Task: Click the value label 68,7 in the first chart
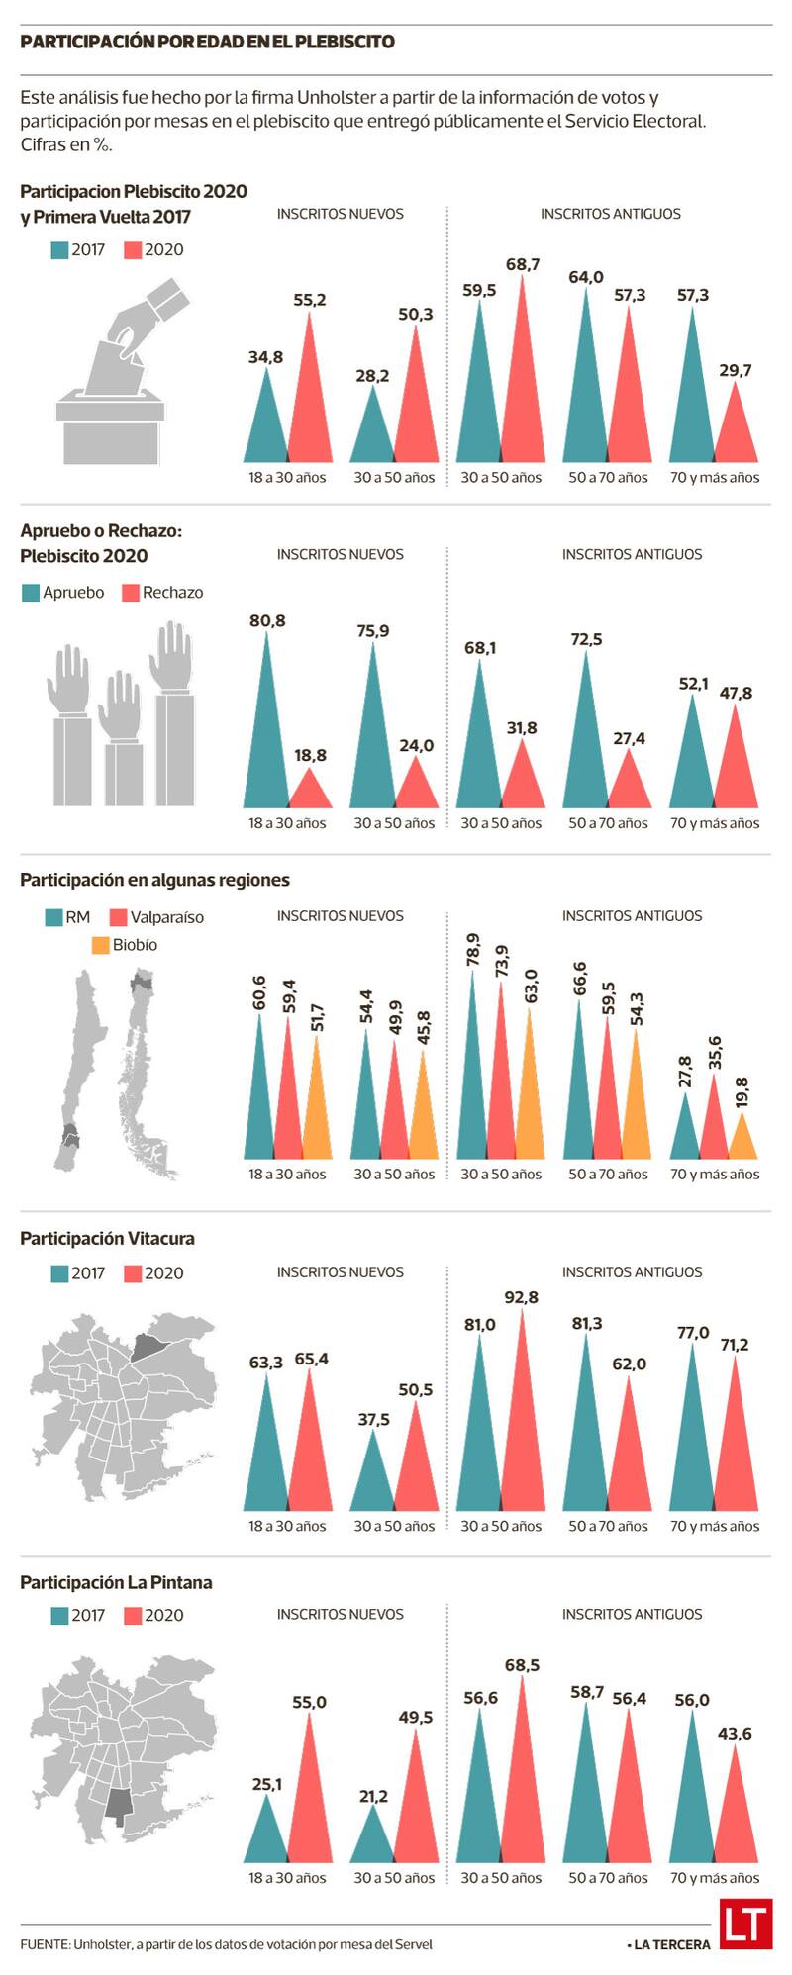coord(522,264)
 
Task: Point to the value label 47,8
coord(736,693)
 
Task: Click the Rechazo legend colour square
coord(130,593)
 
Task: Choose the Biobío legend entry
coord(125,945)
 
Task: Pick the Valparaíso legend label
coord(166,917)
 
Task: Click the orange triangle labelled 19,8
coord(742,1140)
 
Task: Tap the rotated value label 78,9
coord(473,950)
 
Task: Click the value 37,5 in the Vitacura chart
coord(373,1419)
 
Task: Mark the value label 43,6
coord(735,1733)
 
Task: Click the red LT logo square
coord(744,1924)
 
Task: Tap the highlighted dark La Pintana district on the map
coord(118,1807)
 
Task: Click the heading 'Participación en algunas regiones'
coord(154,880)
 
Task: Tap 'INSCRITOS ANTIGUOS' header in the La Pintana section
coord(632,1614)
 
